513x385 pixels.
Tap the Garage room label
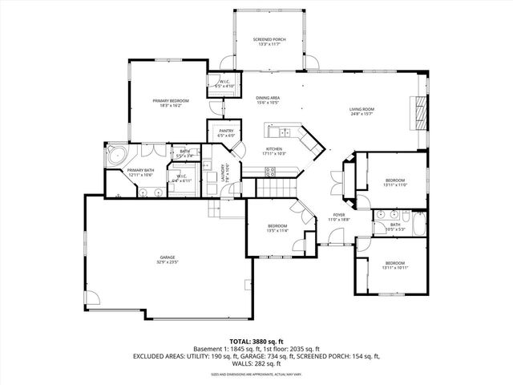(x=167, y=259)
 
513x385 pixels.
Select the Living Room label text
(x=362, y=111)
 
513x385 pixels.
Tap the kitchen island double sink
(x=282, y=132)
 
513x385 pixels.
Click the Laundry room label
(x=228, y=173)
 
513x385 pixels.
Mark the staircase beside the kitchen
(x=273, y=188)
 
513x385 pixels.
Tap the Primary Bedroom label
(x=170, y=103)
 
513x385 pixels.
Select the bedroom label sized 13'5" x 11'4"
(x=277, y=229)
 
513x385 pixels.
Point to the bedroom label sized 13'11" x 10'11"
(x=394, y=265)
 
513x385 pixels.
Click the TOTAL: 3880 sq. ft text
(x=256, y=341)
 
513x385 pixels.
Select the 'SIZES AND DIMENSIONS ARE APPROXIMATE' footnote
(x=256, y=374)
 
